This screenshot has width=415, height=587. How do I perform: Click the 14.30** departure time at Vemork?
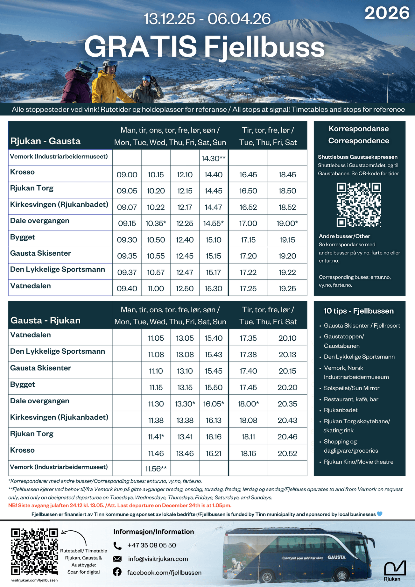[x=214, y=159]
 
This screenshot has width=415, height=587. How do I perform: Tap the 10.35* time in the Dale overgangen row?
[x=156, y=223]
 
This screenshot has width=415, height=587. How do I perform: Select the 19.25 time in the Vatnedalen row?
[x=287, y=289]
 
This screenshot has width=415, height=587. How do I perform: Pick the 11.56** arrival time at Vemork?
[x=156, y=469]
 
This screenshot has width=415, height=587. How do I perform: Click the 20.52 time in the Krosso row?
[x=287, y=453]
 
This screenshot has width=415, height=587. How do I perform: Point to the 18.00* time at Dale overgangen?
[x=248, y=404]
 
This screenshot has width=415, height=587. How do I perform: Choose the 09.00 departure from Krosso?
[x=127, y=175]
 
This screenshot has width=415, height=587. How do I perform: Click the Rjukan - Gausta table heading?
[x=46, y=141]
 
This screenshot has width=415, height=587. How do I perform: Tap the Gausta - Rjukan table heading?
[x=46, y=320]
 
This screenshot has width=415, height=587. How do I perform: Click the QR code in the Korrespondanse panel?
[x=359, y=205]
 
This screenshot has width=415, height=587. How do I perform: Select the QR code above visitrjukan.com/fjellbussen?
[x=34, y=551]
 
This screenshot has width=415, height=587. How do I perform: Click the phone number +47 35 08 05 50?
[x=151, y=545]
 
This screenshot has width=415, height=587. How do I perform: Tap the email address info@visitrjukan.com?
[x=158, y=559]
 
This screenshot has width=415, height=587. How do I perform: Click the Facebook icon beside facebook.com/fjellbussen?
[x=117, y=572]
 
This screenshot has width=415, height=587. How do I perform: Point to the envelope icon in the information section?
[x=117, y=559]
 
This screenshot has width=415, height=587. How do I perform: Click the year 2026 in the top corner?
[x=387, y=13]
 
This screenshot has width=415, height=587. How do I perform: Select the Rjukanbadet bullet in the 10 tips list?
[x=341, y=410]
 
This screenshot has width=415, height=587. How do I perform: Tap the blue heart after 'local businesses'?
[x=379, y=514]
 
